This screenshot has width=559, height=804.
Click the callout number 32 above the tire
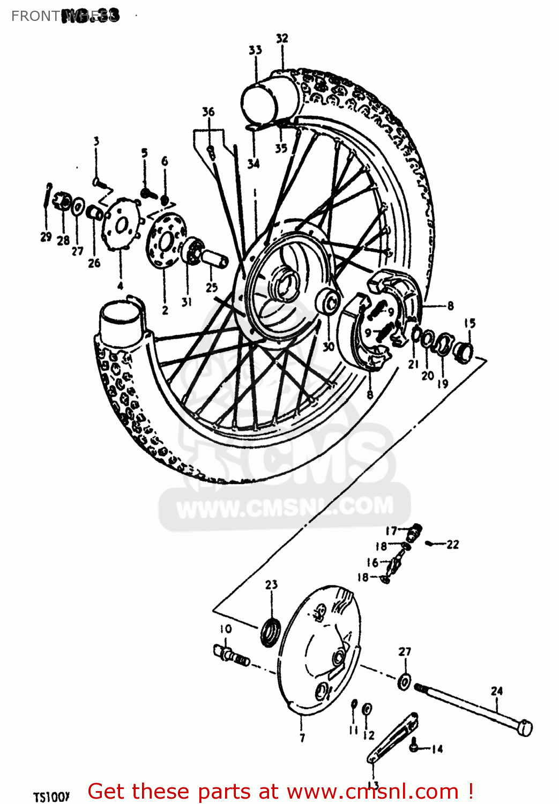[x=282, y=38]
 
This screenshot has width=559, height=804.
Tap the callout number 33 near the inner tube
[x=255, y=50]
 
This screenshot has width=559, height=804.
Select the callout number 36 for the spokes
[x=208, y=111]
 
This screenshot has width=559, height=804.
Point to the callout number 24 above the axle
[x=497, y=691]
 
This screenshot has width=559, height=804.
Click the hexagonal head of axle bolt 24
[x=526, y=728]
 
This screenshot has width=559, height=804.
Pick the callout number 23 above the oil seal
[x=271, y=584]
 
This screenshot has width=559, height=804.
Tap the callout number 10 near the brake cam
[x=225, y=629]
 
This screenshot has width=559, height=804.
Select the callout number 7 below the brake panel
[x=302, y=738]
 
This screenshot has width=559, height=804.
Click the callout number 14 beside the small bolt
[x=437, y=749]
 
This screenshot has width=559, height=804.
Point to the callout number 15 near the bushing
[x=469, y=323]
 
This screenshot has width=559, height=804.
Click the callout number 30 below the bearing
[x=329, y=347]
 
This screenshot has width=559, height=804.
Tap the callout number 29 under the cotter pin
[x=46, y=237]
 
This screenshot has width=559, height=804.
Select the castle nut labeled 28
[x=64, y=203]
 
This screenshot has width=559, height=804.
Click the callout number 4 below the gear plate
[x=120, y=285]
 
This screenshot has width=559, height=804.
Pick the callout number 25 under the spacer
[x=212, y=287]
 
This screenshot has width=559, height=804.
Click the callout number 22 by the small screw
[x=453, y=545]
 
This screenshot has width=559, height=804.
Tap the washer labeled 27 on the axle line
[x=405, y=681]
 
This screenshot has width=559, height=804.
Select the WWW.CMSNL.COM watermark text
[x=285, y=507]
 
